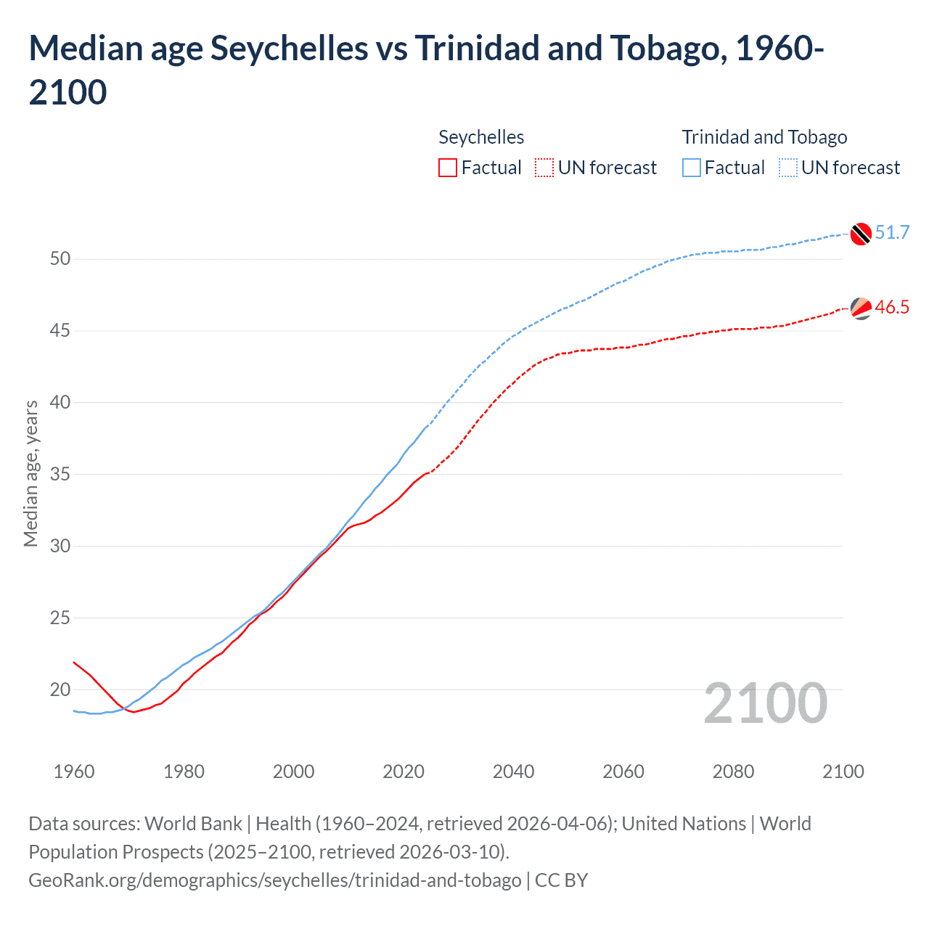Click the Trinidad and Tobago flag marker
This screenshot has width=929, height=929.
click(861, 234)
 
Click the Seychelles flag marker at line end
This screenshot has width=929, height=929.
click(861, 308)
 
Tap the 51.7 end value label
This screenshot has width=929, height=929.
click(892, 232)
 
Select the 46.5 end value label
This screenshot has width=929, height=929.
click(892, 307)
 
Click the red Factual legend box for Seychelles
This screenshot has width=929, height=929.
click(448, 168)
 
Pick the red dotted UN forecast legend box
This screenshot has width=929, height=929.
click(544, 168)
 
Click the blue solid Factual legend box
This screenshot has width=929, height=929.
click(692, 168)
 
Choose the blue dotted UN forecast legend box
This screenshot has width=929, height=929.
click(787, 168)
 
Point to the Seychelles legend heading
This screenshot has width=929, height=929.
click(481, 137)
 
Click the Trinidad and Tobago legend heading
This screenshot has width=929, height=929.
click(764, 137)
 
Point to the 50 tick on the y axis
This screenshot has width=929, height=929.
click(60, 259)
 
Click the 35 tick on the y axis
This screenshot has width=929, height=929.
click(60, 475)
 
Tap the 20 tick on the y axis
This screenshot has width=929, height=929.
click(60, 689)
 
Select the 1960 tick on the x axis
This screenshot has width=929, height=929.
click(74, 772)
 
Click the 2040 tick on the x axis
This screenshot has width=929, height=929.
click(513, 772)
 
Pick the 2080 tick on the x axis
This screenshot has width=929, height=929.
click(733, 772)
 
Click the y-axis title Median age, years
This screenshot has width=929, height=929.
click(30, 473)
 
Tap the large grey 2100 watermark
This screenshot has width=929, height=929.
click(765, 703)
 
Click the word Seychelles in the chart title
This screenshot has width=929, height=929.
click(289, 49)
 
